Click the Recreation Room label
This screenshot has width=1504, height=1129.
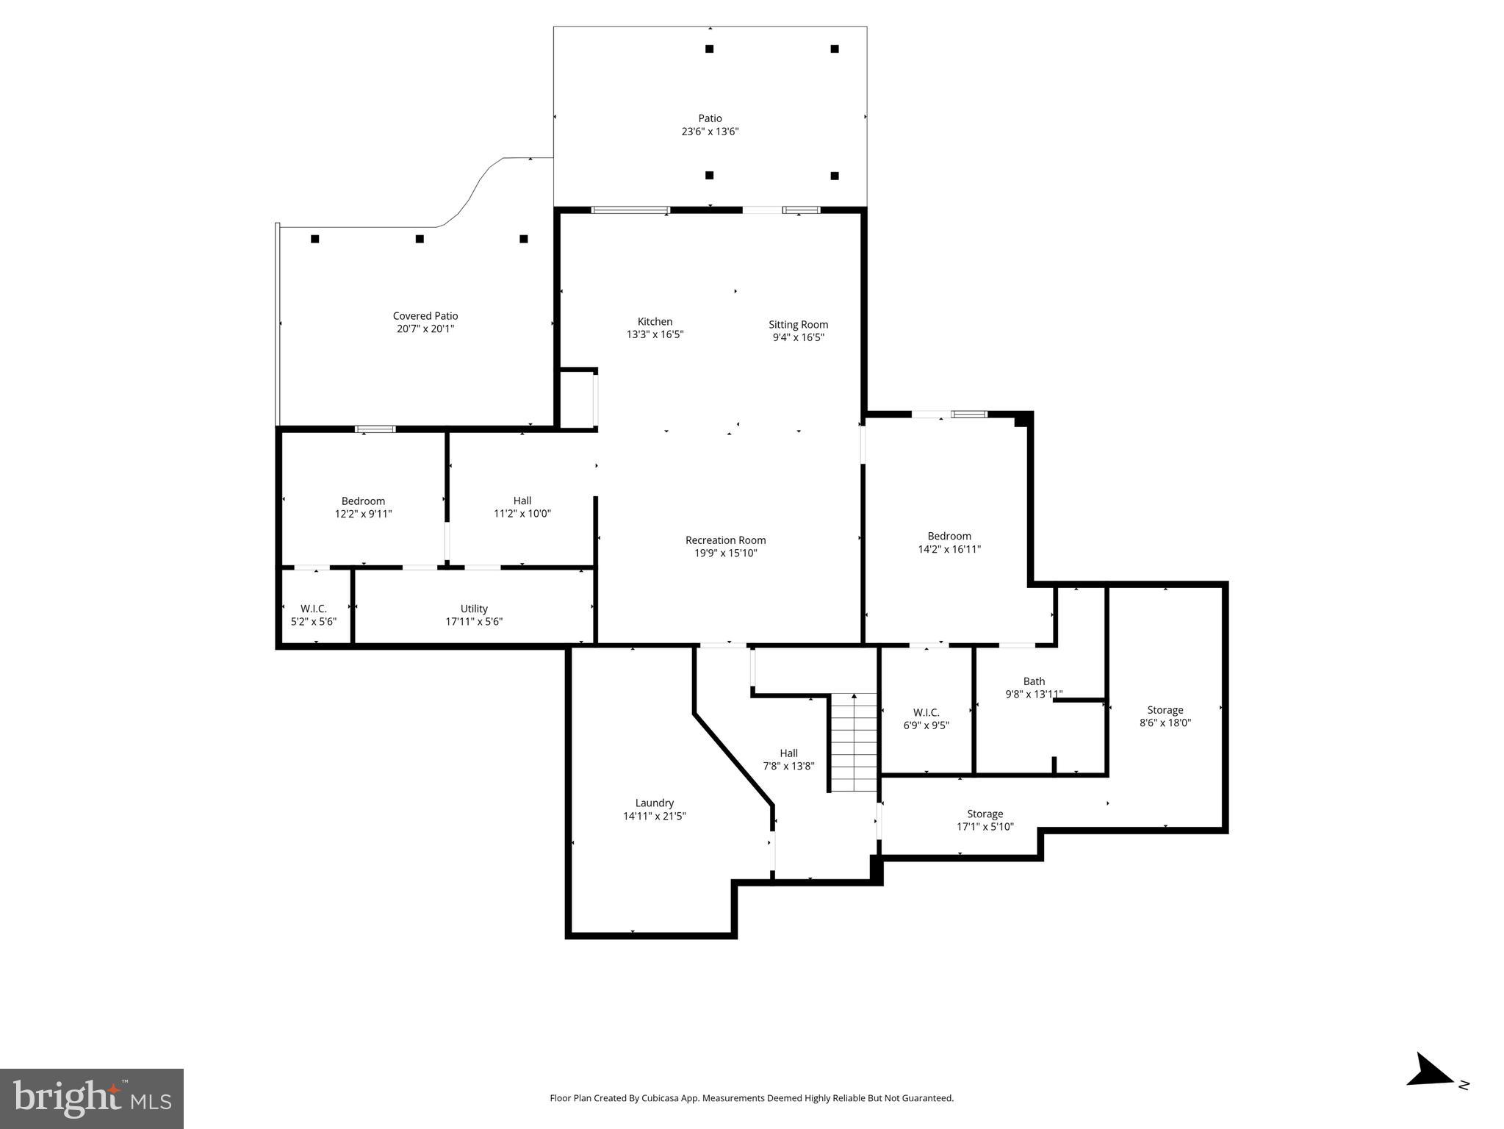click(x=725, y=540)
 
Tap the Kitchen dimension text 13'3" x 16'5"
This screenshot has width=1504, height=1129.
click(x=655, y=334)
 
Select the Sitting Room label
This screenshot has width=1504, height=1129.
click(x=798, y=324)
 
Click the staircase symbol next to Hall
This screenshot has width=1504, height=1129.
click(x=854, y=742)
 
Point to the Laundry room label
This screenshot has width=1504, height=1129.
click(x=654, y=803)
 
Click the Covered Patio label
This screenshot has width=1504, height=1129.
click(x=425, y=316)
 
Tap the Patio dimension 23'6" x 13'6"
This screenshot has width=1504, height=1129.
click(x=710, y=132)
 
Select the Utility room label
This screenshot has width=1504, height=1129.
click(x=474, y=609)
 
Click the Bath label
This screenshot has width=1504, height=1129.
click(x=1034, y=681)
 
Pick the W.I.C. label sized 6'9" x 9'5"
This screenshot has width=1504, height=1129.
click(x=926, y=712)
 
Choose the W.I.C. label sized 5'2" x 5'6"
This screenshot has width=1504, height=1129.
click(x=314, y=609)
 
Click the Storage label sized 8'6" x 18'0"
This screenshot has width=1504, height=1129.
click(x=1165, y=710)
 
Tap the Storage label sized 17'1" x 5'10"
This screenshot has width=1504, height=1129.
click(x=985, y=814)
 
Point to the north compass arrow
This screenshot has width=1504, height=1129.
click(x=1431, y=1091)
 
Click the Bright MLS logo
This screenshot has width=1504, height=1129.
click(x=92, y=1098)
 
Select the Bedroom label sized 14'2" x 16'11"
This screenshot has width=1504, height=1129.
click(x=949, y=536)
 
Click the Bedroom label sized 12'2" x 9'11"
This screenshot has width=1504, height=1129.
click(x=363, y=501)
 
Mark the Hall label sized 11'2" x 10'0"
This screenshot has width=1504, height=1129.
click(x=522, y=501)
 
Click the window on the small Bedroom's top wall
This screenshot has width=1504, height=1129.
click(x=375, y=429)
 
